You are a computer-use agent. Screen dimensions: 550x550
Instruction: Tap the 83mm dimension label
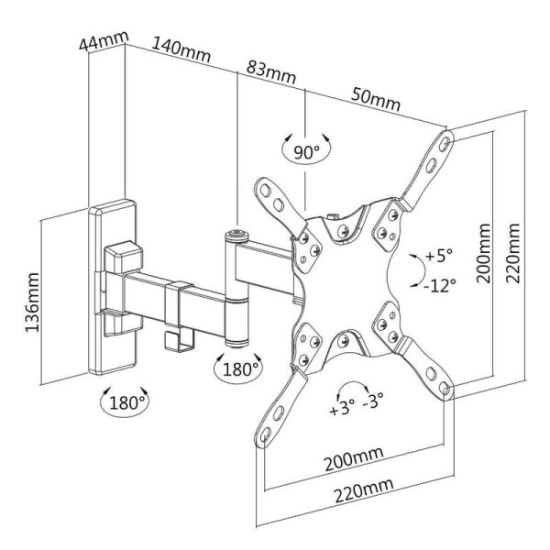coord(269,71)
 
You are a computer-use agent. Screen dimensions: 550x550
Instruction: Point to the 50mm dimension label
coord(373,98)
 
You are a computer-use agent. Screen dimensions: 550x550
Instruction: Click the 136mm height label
coord(35,302)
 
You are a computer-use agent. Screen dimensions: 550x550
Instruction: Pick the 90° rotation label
coord(304,151)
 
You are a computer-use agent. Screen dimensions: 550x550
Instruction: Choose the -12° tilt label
coord(439,285)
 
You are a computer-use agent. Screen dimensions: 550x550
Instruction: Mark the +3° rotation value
coord(340,408)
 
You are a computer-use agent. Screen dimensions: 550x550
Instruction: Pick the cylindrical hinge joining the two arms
coord(237,289)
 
